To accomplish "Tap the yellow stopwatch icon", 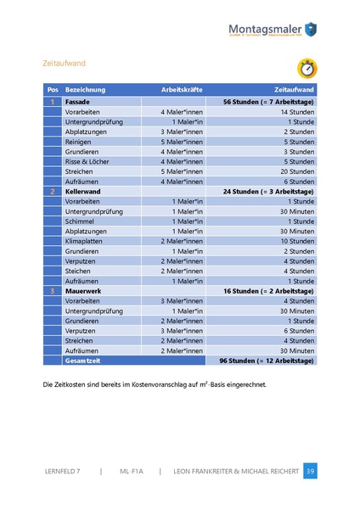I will pos(307,68).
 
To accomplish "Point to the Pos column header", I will pos(52,89).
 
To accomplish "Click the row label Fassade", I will pos(78,102).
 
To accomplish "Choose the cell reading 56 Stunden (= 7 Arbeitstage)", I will pos(268,102).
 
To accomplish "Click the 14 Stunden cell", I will pos(297,111).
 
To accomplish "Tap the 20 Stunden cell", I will pos(297,171).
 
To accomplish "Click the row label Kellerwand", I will pos(83,192).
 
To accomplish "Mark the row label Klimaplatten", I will pos(86,241).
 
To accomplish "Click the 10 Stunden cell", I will pos(297,241).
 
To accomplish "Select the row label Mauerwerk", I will pos(82,291).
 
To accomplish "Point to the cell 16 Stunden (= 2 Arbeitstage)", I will pos(268,291).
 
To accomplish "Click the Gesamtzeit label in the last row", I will pos(83,361).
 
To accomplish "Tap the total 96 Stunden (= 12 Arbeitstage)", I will pos(267,361).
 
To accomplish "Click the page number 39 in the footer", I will pos(310,471).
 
